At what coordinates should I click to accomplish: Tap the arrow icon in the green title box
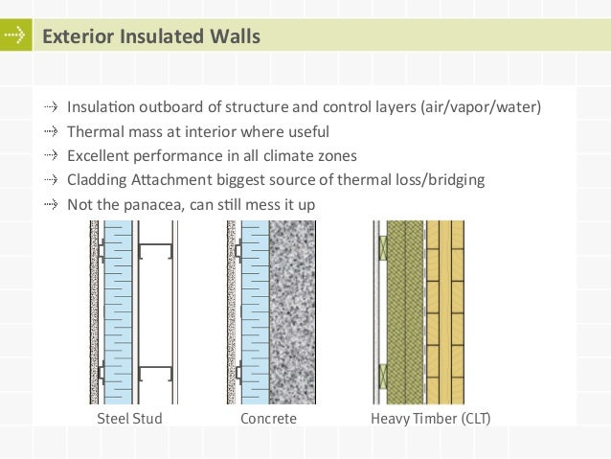pyautogui.click(x=13, y=36)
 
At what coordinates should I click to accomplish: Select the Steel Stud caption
pyautogui.click(x=129, y=420)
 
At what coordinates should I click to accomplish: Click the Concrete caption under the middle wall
pyautogui.click(x=268, y=420)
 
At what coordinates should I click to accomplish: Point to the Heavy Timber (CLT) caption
pyautogui.click(x=430, y=420)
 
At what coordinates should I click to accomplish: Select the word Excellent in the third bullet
pyautogui.click(x=100, y=155)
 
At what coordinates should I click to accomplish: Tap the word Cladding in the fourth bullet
pyautogui.click(x=97, y=179)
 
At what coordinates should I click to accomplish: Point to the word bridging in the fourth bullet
pyautogui.click(x=458, y=179)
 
